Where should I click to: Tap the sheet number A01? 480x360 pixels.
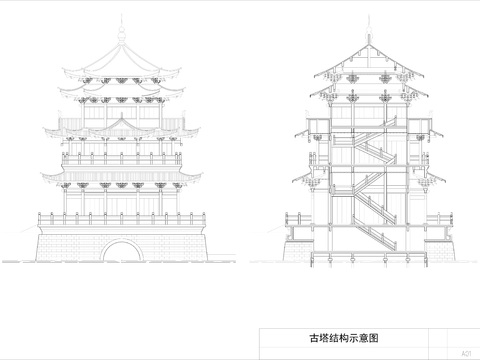coord(466,353)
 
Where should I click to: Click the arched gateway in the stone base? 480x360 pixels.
coord(122,249)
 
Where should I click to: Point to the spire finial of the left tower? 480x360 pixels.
coord(122,30)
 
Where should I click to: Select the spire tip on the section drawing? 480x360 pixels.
coord(367,30)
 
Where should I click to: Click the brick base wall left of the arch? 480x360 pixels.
coord(70,244)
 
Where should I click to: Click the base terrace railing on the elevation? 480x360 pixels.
coord(122,216)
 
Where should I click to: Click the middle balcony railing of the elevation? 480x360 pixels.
coord(122,158)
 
